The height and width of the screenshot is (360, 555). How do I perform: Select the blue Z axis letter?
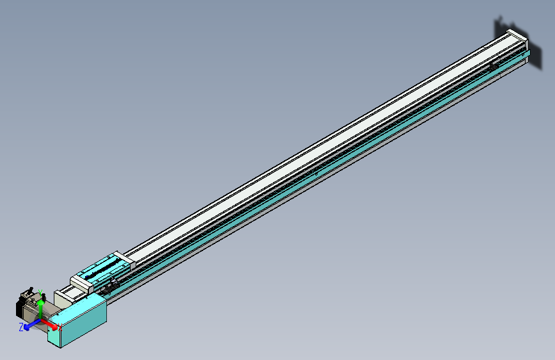pyautogui.click(x=21, y=327)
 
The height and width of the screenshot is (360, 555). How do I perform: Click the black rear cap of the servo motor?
pyautogui.click(x=19, y=307)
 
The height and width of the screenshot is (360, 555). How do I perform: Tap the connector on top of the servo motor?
pyautogui.click(x=31, y=294)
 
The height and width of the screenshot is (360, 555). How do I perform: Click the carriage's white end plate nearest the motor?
pyautogui.click(x=80, y=282)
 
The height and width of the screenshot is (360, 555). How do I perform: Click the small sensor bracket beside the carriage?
pyautogui.click(x=111, y=286)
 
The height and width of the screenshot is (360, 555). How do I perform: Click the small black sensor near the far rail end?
pyautogui.click(x=494, y=65)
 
